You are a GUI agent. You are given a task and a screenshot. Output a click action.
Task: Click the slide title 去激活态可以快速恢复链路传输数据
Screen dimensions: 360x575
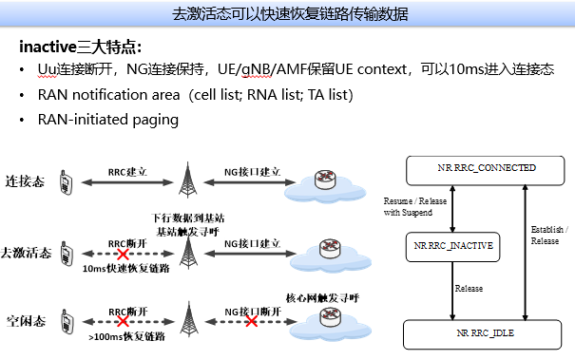287,14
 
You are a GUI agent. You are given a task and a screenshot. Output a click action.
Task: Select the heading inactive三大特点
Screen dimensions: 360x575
81,47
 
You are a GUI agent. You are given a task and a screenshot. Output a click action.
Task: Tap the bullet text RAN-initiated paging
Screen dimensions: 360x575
107,120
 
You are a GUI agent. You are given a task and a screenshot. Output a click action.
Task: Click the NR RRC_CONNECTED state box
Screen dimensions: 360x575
487,168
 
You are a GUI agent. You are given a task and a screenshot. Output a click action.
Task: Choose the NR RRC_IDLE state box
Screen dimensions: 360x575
487,334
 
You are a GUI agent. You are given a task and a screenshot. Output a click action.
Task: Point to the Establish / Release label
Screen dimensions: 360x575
547,235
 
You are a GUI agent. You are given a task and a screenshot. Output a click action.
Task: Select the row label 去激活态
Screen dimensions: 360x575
26,253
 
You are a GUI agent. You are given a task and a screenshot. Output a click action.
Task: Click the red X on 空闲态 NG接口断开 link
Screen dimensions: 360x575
252,322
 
